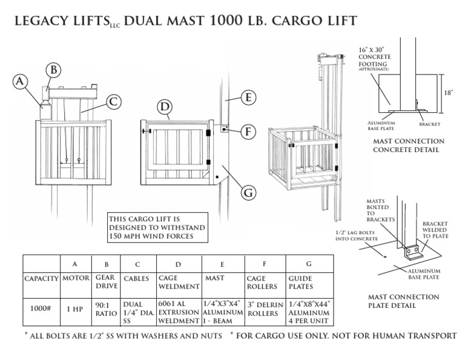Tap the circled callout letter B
(54, 71)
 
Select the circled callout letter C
(112, 101)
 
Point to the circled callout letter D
(163, 107)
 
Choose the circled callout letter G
(248, 193)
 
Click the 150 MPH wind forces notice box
(157, 227)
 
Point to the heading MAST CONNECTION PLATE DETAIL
(404, 301)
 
